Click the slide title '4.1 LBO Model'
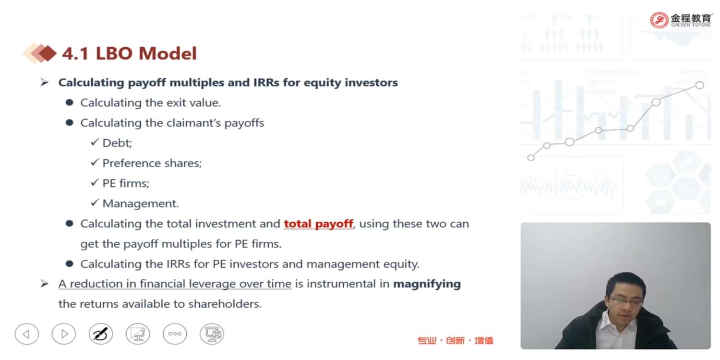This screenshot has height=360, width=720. click(129, 53)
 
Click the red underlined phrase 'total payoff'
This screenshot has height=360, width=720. click(319, 224)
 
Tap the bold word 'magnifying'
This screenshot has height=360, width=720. click(427, 284)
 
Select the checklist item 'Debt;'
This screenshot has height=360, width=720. click(117, 143)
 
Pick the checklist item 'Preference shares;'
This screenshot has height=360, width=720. click(152, 163)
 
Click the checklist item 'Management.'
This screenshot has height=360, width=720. click(141, 204)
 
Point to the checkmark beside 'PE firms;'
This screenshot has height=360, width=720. click(95, 182)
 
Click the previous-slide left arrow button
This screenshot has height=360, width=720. click(27, 334)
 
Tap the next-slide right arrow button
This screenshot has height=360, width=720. click(64, 334)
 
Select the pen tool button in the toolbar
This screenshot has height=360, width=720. click(101, 334)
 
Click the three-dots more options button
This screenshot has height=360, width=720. click(175, 334)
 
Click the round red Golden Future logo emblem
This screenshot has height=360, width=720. click(659, 20)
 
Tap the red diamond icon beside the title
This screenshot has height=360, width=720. click(47, 53)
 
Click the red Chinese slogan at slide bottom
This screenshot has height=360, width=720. click(455, 340)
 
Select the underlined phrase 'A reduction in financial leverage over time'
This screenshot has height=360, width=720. click(175, 284)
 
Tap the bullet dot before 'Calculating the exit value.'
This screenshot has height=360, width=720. click(69, 103)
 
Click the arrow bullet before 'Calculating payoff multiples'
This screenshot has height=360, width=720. click(44, 83)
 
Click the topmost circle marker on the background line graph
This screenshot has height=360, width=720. click(700, 85)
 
